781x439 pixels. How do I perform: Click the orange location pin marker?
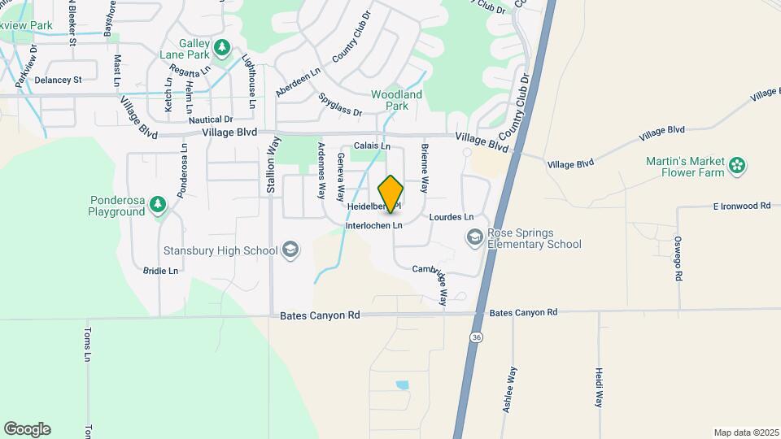click(391, 193)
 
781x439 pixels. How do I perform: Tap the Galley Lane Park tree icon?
click(222, 48)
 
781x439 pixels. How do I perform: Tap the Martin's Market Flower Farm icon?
click(737, 166)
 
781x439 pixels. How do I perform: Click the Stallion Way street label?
click(272, 170)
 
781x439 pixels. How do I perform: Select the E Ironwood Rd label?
click(741, 206)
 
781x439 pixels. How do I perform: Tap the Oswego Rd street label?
click(678, 259)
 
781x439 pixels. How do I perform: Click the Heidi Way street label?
click(598, 387)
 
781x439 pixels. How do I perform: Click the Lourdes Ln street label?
click(451, 218)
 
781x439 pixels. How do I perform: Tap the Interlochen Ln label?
click(375, 225)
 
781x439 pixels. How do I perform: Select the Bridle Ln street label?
click(160, 271)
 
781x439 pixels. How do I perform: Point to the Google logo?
click(27, 428)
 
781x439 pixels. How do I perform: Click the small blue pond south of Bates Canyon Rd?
click(402, 385)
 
